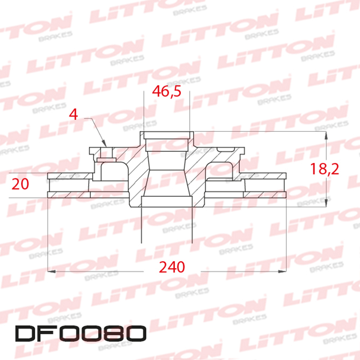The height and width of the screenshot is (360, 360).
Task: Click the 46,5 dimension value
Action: click(x=167, y=92)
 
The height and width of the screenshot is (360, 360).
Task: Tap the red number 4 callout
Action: click(x=74, y=114)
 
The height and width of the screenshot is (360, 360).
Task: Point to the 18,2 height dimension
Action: click(x=324, y=169)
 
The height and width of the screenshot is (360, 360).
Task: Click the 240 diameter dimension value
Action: click(x=172, y=267)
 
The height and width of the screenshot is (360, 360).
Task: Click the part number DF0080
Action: click(x=81, y=334)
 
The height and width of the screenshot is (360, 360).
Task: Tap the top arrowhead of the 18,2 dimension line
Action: click(x=325, y=135)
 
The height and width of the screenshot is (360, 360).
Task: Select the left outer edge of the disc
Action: click(x=49, y=184)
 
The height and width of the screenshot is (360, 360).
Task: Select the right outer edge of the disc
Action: click(x=286, y=184)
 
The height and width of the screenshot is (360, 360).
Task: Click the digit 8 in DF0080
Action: click(x=113, y=334)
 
